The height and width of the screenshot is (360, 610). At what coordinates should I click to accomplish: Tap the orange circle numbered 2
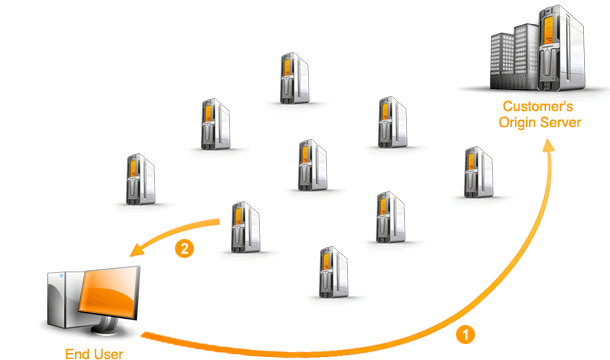click(x=183, y=247)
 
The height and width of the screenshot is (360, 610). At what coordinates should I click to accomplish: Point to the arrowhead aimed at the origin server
click(x=549, y=147)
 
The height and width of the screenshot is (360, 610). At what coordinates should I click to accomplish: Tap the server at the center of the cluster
click(x=313, y=163)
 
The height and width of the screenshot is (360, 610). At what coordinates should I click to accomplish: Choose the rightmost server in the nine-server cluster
click(x=476, y=173)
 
